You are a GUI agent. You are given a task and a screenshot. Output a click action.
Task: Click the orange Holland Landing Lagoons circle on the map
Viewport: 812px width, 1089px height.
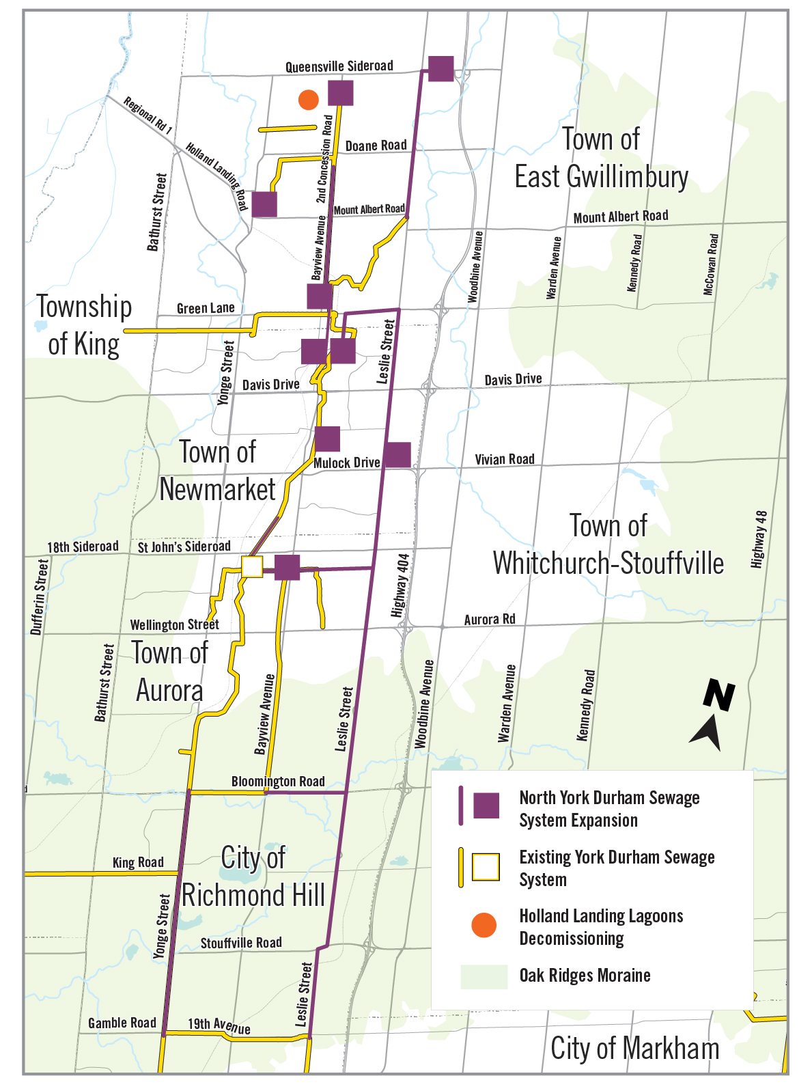(309, 100)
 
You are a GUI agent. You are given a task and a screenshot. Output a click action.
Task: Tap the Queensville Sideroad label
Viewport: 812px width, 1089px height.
(339, 66)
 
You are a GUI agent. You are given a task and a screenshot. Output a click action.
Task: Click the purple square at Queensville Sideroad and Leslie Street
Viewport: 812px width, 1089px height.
(441, 68)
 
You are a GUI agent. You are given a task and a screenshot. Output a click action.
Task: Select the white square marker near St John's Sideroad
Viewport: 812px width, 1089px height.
(252, 567)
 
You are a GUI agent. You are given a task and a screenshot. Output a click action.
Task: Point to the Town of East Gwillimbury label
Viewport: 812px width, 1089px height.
(601, 158)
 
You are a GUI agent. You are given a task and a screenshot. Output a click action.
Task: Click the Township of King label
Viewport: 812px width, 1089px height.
(84, 325)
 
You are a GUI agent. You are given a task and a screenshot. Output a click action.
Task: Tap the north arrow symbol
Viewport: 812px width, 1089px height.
(712, 715)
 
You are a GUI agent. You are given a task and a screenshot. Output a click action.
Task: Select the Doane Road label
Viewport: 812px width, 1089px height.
(376, 146)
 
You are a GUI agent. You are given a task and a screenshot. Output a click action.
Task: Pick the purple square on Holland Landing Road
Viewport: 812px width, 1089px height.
(264, 204)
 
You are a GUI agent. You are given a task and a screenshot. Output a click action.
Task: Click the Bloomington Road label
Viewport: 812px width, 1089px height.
(278, 781)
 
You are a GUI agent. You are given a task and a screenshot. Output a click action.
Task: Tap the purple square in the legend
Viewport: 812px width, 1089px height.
(486, 805)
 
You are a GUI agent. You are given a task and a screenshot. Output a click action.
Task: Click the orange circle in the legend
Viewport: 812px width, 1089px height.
(484, 925)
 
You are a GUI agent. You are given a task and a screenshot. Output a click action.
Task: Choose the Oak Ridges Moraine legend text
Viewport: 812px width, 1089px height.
(585, 975)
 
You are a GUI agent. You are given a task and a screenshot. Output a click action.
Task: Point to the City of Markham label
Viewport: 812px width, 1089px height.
(634, 1048)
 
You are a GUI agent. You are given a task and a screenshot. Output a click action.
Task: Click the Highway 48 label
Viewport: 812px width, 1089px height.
(759, 540)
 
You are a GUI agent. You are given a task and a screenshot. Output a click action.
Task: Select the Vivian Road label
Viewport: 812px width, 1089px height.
(505, 459)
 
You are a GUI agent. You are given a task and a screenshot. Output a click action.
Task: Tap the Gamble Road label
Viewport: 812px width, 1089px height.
(122, 1023)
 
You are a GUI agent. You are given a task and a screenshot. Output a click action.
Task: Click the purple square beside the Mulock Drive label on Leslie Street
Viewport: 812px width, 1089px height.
(397, 454)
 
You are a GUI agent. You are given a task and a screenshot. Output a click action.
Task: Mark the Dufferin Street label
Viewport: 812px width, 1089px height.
(40, 596)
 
